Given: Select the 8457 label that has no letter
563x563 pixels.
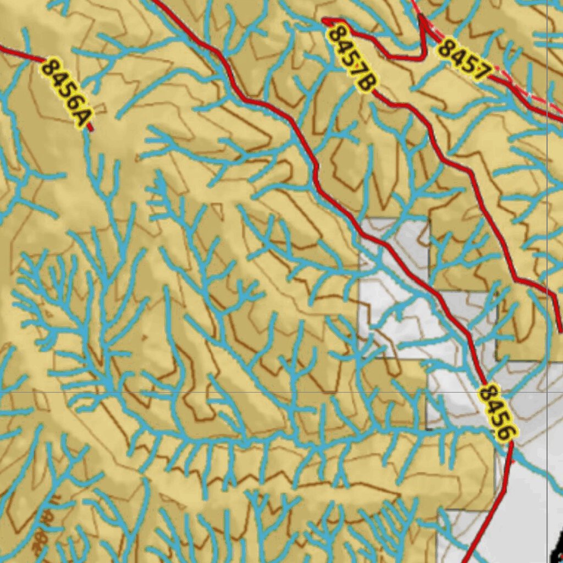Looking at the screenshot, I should (463, 59).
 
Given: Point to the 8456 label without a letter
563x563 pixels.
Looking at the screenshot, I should (498, 412).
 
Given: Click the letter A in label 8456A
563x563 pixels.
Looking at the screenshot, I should (82, 117).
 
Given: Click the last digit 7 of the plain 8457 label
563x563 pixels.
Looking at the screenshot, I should (481, 71).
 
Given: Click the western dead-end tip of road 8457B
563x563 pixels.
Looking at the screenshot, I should (324, 21).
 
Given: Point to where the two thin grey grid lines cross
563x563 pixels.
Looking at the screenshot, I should (547, 392).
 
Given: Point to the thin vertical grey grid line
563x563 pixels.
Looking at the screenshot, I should (547, 220).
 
